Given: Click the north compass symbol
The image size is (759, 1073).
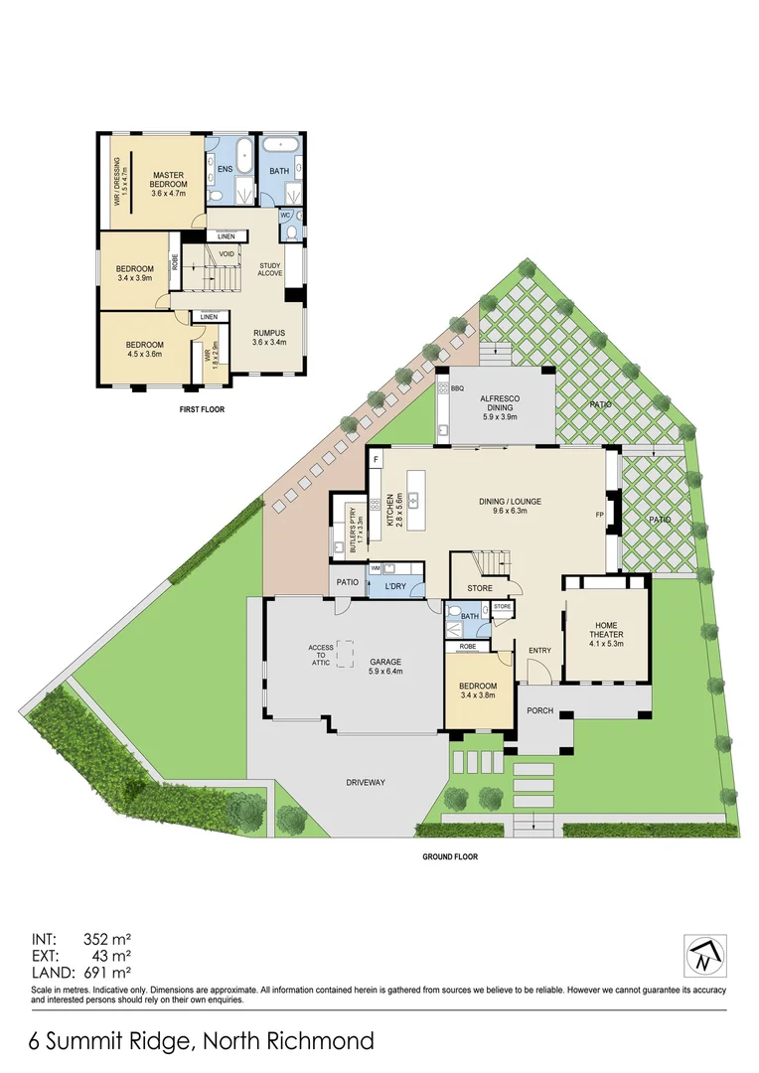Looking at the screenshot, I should point(704,957).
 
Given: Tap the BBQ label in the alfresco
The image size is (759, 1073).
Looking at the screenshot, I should point(458,388).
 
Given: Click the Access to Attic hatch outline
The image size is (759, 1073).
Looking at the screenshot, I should point(347,654).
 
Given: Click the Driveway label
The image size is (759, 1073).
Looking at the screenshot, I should point(366,782).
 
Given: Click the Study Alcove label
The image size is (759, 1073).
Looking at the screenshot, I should point(270,268).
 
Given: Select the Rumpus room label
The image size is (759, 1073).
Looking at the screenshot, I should point(269,337).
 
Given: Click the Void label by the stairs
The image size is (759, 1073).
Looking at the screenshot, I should point(227,253).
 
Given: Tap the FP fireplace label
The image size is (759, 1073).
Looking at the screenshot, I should point(599,515).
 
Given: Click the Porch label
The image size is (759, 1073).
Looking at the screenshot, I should point(539,710).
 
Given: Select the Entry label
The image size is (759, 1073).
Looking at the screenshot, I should point(539,651).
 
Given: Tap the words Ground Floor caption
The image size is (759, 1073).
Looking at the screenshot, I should point(450,856).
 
